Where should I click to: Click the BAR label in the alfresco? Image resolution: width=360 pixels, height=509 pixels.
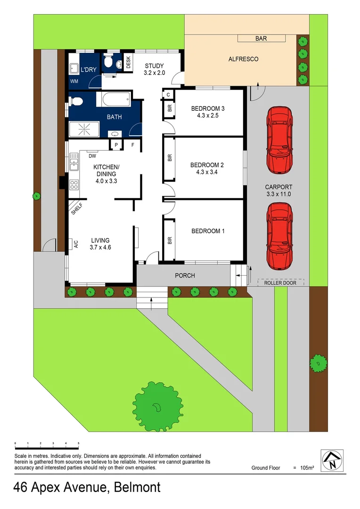tap(261, 39)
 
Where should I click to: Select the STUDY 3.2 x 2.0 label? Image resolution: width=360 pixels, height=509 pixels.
tap(154, 69)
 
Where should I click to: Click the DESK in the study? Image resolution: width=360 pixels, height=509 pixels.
tap(127, 63)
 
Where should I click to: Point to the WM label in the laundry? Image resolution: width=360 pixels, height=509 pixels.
tap(74, 81)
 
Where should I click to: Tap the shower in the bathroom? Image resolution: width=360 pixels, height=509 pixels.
tap(84, 129)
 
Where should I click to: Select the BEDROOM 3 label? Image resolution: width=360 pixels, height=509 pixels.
tap(208, 112)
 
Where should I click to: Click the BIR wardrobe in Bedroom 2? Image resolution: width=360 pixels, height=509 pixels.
tap(169, 158)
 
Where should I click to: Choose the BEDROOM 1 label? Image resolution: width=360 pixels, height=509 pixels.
tap(208, 231)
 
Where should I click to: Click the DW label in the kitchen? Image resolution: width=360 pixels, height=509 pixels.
tap(92, 156)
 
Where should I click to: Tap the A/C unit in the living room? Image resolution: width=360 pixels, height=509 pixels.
tap(74, 244)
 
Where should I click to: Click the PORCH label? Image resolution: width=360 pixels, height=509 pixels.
tap(185, 275)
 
